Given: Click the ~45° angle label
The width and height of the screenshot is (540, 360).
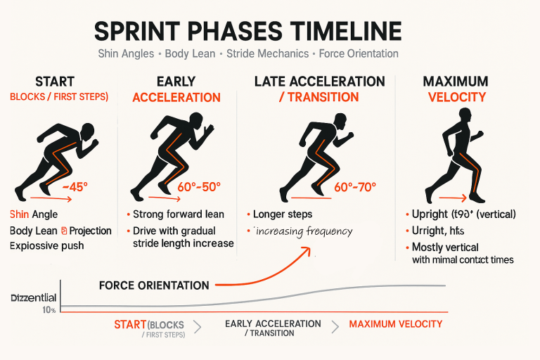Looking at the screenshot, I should (x=75, y=187).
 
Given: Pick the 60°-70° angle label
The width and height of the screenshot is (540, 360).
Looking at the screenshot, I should (x=355, y=187).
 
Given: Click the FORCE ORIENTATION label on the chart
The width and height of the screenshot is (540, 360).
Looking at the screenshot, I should (x=154, y=285).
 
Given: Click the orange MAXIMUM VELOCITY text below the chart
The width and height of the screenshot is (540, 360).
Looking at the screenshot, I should (x=396, y=324).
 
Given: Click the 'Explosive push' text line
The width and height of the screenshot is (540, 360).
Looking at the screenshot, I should (x=47, y=246).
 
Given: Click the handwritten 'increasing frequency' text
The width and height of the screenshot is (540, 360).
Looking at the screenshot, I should (x=304, y=231).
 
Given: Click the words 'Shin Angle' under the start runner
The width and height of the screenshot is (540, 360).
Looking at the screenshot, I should (x=34, y=214).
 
